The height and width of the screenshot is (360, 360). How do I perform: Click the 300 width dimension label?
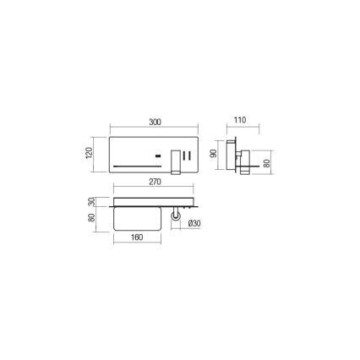155,123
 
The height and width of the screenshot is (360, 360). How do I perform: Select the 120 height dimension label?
89,153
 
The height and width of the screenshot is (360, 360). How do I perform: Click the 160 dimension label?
138,237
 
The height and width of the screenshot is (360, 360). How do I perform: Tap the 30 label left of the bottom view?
92,202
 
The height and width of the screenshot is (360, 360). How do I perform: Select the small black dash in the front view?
158,155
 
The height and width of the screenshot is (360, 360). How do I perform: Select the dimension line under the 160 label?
138,244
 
